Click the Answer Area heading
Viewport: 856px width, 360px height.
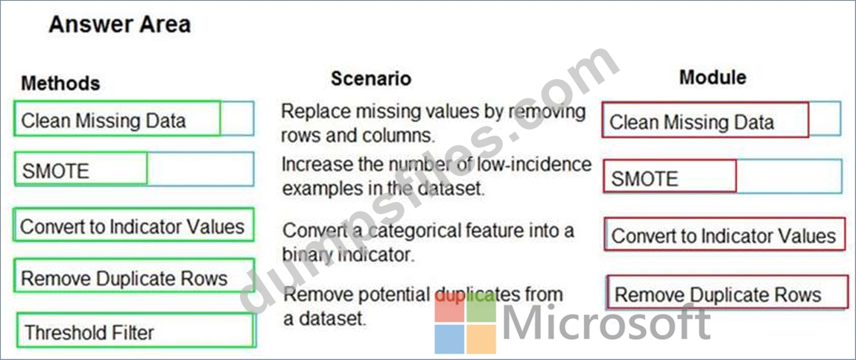(x=119, y=25)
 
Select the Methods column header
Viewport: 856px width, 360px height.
(x=60, y=83)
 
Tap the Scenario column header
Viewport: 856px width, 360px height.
(x=371, y=79)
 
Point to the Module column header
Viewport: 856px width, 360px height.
(x=712, y=77)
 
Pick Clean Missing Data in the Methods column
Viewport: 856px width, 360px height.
(x=118, y=118)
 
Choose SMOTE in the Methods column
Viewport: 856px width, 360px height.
(x=80, y=168)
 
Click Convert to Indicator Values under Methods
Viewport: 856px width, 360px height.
(x=133, y=224)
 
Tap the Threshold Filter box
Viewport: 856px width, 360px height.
(x=136, y=329)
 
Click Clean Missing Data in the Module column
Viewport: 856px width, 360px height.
(x=706, y=120)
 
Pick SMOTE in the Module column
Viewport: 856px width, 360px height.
(x=670, y=176)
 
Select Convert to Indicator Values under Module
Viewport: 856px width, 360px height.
(x=724, y=234)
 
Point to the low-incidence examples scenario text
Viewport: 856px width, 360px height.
(x=437, y=176)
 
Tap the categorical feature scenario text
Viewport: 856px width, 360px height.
(x=428, y=241)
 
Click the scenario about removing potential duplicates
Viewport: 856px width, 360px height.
(x=423, y=305)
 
